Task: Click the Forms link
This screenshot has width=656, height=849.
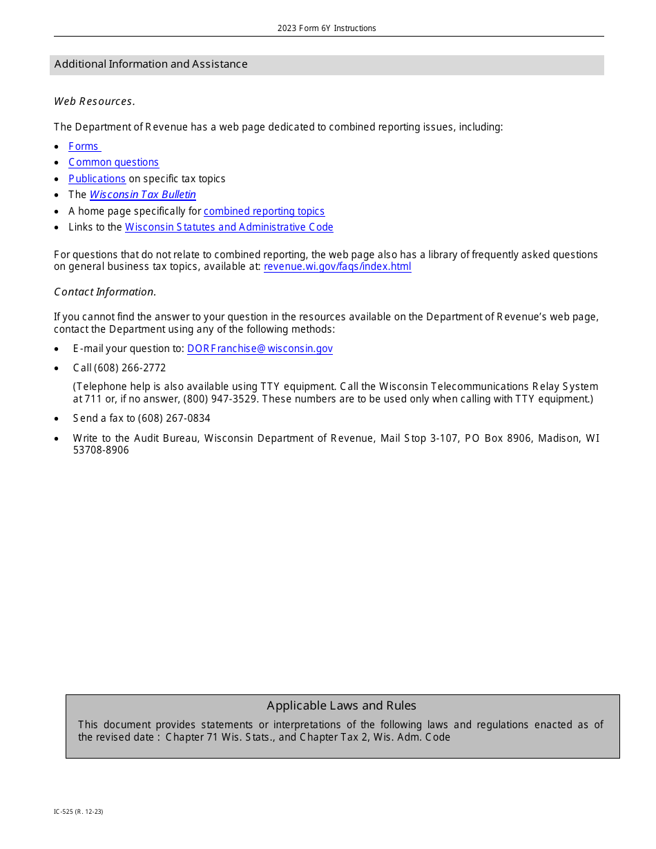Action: pos(84,146)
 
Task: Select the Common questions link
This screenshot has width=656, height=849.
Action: pos(113,162)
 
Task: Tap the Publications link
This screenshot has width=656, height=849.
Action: pos(97,179)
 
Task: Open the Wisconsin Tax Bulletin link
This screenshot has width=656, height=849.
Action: pos(142,195)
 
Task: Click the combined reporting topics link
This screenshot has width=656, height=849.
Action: pos(264,211)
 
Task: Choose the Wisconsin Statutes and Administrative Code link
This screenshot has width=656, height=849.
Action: pos(229,227)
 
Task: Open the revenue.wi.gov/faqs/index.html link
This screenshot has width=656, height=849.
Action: pos(337,267)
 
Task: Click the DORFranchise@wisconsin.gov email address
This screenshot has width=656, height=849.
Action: pos(260,349)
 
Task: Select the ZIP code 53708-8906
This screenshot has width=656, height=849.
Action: pos(101,450)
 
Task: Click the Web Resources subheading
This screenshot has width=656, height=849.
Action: pos(94,101)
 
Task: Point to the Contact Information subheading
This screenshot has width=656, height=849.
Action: pos(105,292)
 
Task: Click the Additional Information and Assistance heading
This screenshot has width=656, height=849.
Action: pos(151,64)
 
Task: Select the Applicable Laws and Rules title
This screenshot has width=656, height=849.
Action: pos(341,705)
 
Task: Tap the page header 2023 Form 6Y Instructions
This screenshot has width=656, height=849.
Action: pos(327,28)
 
